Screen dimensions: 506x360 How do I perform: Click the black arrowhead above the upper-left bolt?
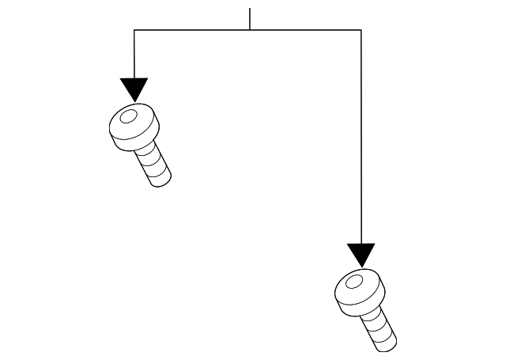(x=134, y=88)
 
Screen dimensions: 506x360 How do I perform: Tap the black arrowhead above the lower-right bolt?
(x=361, y=253)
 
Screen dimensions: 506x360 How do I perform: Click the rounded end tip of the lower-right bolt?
(x=389, y=345)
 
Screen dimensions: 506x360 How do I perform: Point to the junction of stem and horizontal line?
(x=250, y=30)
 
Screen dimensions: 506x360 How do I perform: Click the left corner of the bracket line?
(x=134, y=30)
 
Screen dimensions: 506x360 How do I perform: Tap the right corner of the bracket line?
(x=361, y=30)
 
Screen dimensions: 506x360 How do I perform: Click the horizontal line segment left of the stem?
(x=192, y=30)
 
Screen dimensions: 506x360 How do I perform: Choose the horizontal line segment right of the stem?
(x=305, y=30)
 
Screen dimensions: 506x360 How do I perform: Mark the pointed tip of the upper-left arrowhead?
(x=134, y=101)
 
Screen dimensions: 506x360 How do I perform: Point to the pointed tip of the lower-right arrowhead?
(x=361, y=267)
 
